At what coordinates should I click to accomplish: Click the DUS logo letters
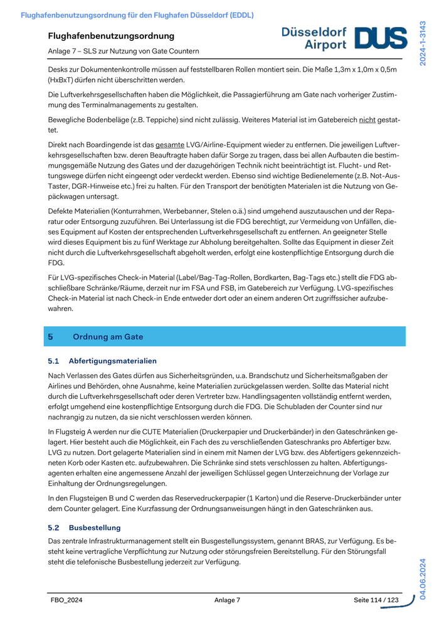pyautogui.click(x=381, y=38)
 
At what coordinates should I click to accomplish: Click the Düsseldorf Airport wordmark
pyautogui.click(x=314, y=38)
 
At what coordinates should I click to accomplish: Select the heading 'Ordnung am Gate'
pyautogui.click(x=108, y=337)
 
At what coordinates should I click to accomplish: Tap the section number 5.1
pyautogui.click(x=53, y=361)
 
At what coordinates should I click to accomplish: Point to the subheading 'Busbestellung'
pyautogui.click(x=95, y=528)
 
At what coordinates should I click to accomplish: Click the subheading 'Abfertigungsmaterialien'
pyautogui.click(x=113, y=361)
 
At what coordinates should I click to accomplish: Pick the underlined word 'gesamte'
pyautogui.click(x=170, y=145)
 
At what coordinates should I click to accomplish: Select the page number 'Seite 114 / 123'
pyautogui.click(x=376, y=600)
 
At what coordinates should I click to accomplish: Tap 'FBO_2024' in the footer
pyautogui.click(x=66, y=600)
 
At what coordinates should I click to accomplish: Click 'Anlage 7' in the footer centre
pyautogui.click(x=227, y=600)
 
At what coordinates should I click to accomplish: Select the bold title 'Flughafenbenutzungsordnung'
pyautogui.click(x=111, y=36)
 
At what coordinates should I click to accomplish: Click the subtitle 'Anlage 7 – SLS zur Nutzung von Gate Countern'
pyautogui.click(x=124, y=51)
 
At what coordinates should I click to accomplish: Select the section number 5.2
pyautogui.click(x=53, y=528)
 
